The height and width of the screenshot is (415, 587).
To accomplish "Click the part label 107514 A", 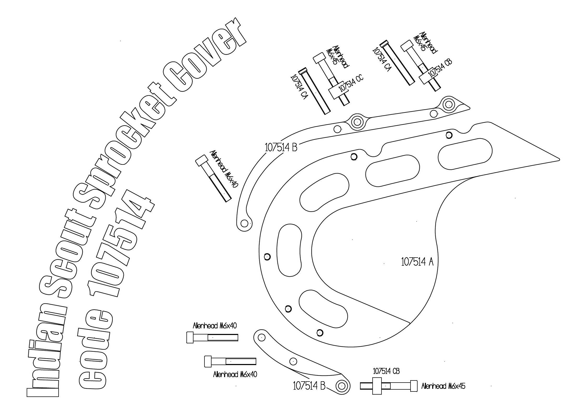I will point(417,262).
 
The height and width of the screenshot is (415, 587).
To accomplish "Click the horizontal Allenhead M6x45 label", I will point(443,386).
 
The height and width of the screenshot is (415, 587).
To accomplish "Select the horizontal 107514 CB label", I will point(386,371).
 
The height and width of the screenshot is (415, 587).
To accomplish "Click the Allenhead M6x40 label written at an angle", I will point(224,169).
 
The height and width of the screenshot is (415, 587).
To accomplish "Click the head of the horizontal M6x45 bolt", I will point(413,386).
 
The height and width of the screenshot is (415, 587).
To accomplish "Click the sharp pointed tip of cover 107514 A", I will point(558,159).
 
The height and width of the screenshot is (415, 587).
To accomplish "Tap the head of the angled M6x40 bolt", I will point(202,160).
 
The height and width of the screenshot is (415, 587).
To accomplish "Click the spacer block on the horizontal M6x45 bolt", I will point(377,386).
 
